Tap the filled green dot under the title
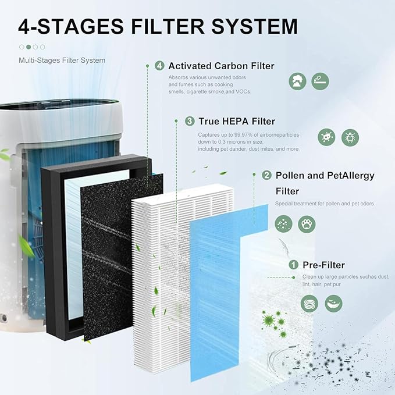[x=28, y=47]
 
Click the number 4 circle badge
[x=159, y=66]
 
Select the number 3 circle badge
[x=190, y=121]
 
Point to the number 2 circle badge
[x=266, y=175]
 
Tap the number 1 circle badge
[x=294, y=265]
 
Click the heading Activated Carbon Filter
[x=220, y=66]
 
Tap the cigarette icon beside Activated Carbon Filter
[x=320, y=81]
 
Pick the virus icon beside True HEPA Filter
[x=326, y=137]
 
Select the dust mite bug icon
[x=350, y=137]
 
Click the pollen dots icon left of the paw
[x=283, y=224]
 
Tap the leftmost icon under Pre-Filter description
[x=309, y=303]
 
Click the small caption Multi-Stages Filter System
[x=62, y=60]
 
